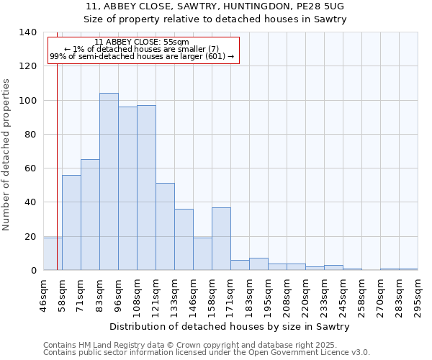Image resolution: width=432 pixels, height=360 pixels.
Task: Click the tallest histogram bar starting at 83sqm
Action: click(109, 181)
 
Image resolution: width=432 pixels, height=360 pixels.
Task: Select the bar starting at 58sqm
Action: click(71, 222)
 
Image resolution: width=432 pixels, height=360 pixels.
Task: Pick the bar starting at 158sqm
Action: click(221, 238)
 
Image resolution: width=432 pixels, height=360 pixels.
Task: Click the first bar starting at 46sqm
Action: click(53, 254)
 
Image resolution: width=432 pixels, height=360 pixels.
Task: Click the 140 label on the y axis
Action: click(28, 32)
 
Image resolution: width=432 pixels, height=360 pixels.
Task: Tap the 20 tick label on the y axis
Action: click(31, 236)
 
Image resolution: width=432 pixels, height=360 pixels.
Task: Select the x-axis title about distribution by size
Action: click(230, 326)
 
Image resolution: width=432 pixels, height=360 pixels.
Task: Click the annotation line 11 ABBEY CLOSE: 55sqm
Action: click(142, 42)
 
